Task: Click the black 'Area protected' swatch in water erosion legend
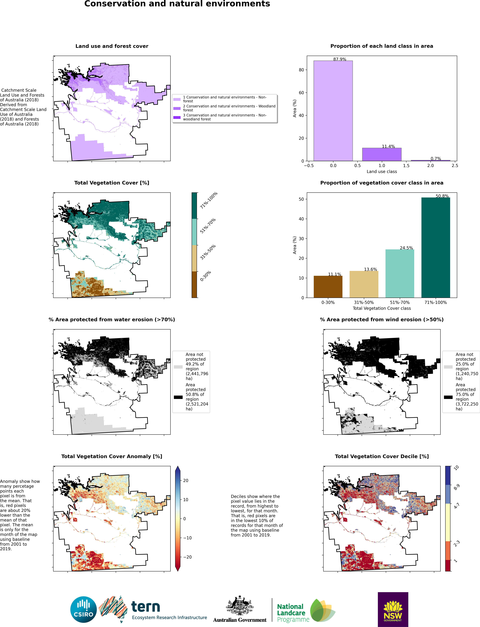click(178, 397)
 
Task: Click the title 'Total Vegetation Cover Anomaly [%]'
click(112, 456)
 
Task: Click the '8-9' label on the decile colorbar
click(457, 487)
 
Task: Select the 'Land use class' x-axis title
click(382, 171)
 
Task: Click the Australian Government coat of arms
click(240, 605)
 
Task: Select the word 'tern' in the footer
click(145, 606)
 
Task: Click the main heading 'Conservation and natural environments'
click(177, 4)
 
